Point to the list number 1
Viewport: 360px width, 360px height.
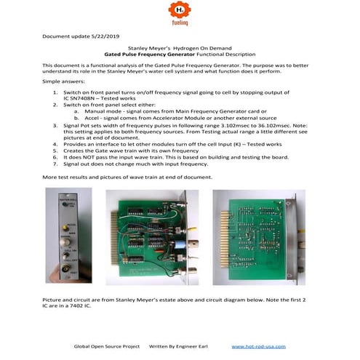[55, 94]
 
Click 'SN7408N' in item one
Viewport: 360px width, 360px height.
[83, 100]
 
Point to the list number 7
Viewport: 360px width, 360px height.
[55, 163]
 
